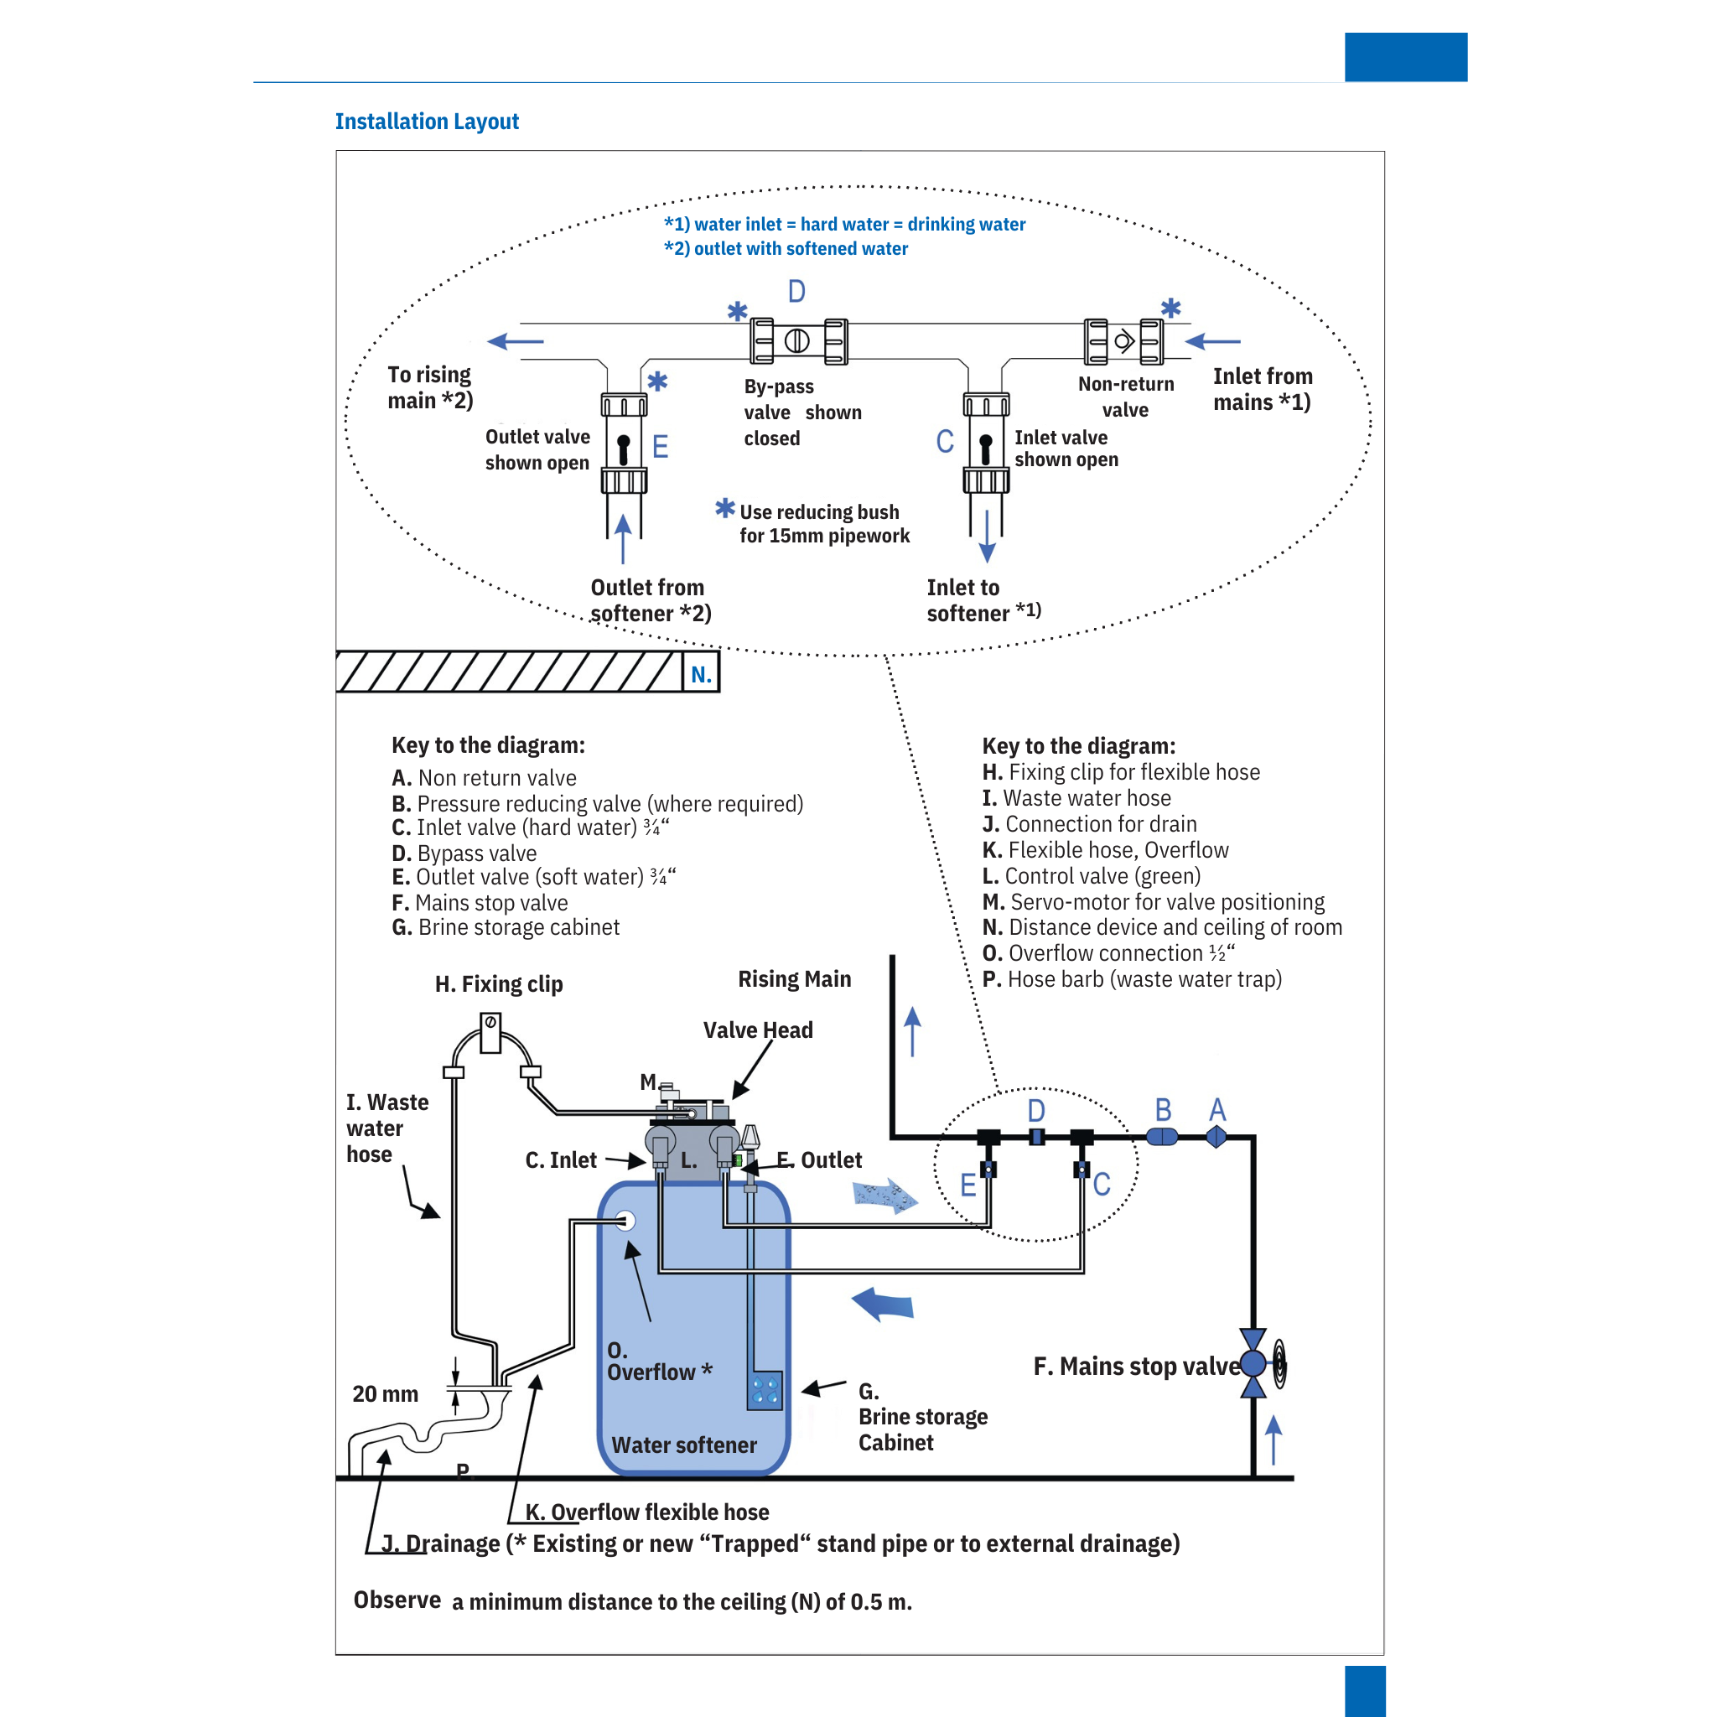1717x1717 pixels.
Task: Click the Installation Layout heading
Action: [427, 121]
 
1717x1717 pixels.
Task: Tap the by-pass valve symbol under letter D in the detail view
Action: [797, 340]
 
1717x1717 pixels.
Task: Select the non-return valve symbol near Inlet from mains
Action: [1123, 341]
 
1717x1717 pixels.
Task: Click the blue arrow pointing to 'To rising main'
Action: [516, 341]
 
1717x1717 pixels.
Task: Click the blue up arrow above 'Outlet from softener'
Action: [623, 537]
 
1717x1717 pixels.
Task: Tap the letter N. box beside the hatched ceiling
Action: [701, 674]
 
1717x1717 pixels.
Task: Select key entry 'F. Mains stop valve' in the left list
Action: [480, 902]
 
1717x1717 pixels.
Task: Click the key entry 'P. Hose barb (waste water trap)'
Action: [1131, 978]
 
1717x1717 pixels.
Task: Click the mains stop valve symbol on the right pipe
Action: [1253, 1362]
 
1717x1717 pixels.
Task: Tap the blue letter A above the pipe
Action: [1216, 1109]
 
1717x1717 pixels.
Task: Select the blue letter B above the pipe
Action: [1163, 1109]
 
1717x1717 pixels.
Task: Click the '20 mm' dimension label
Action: [385, 1393]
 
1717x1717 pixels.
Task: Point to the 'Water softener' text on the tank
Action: [683, 1445]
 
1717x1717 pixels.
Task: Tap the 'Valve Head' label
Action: [757, 1030]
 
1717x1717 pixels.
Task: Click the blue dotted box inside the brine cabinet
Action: [765, 1391]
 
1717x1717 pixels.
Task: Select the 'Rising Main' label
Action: [794, 978]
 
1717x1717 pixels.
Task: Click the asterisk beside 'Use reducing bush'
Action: [725, 508]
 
